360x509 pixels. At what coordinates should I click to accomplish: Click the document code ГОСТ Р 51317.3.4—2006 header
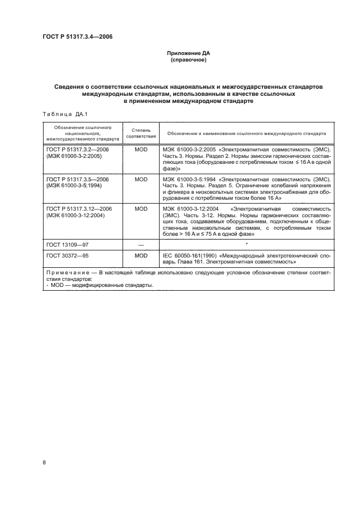(77, 37)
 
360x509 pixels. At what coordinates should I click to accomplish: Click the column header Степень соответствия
(141, 133)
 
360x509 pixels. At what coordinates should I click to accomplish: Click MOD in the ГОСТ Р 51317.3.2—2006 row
(141, 148)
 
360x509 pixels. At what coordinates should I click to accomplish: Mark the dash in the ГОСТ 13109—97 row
(141, 245)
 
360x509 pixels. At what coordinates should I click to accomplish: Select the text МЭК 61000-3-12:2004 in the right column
(191, 209)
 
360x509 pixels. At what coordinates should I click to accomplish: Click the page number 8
(44, 462)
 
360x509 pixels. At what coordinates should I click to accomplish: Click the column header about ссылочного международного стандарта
(247, 133)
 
